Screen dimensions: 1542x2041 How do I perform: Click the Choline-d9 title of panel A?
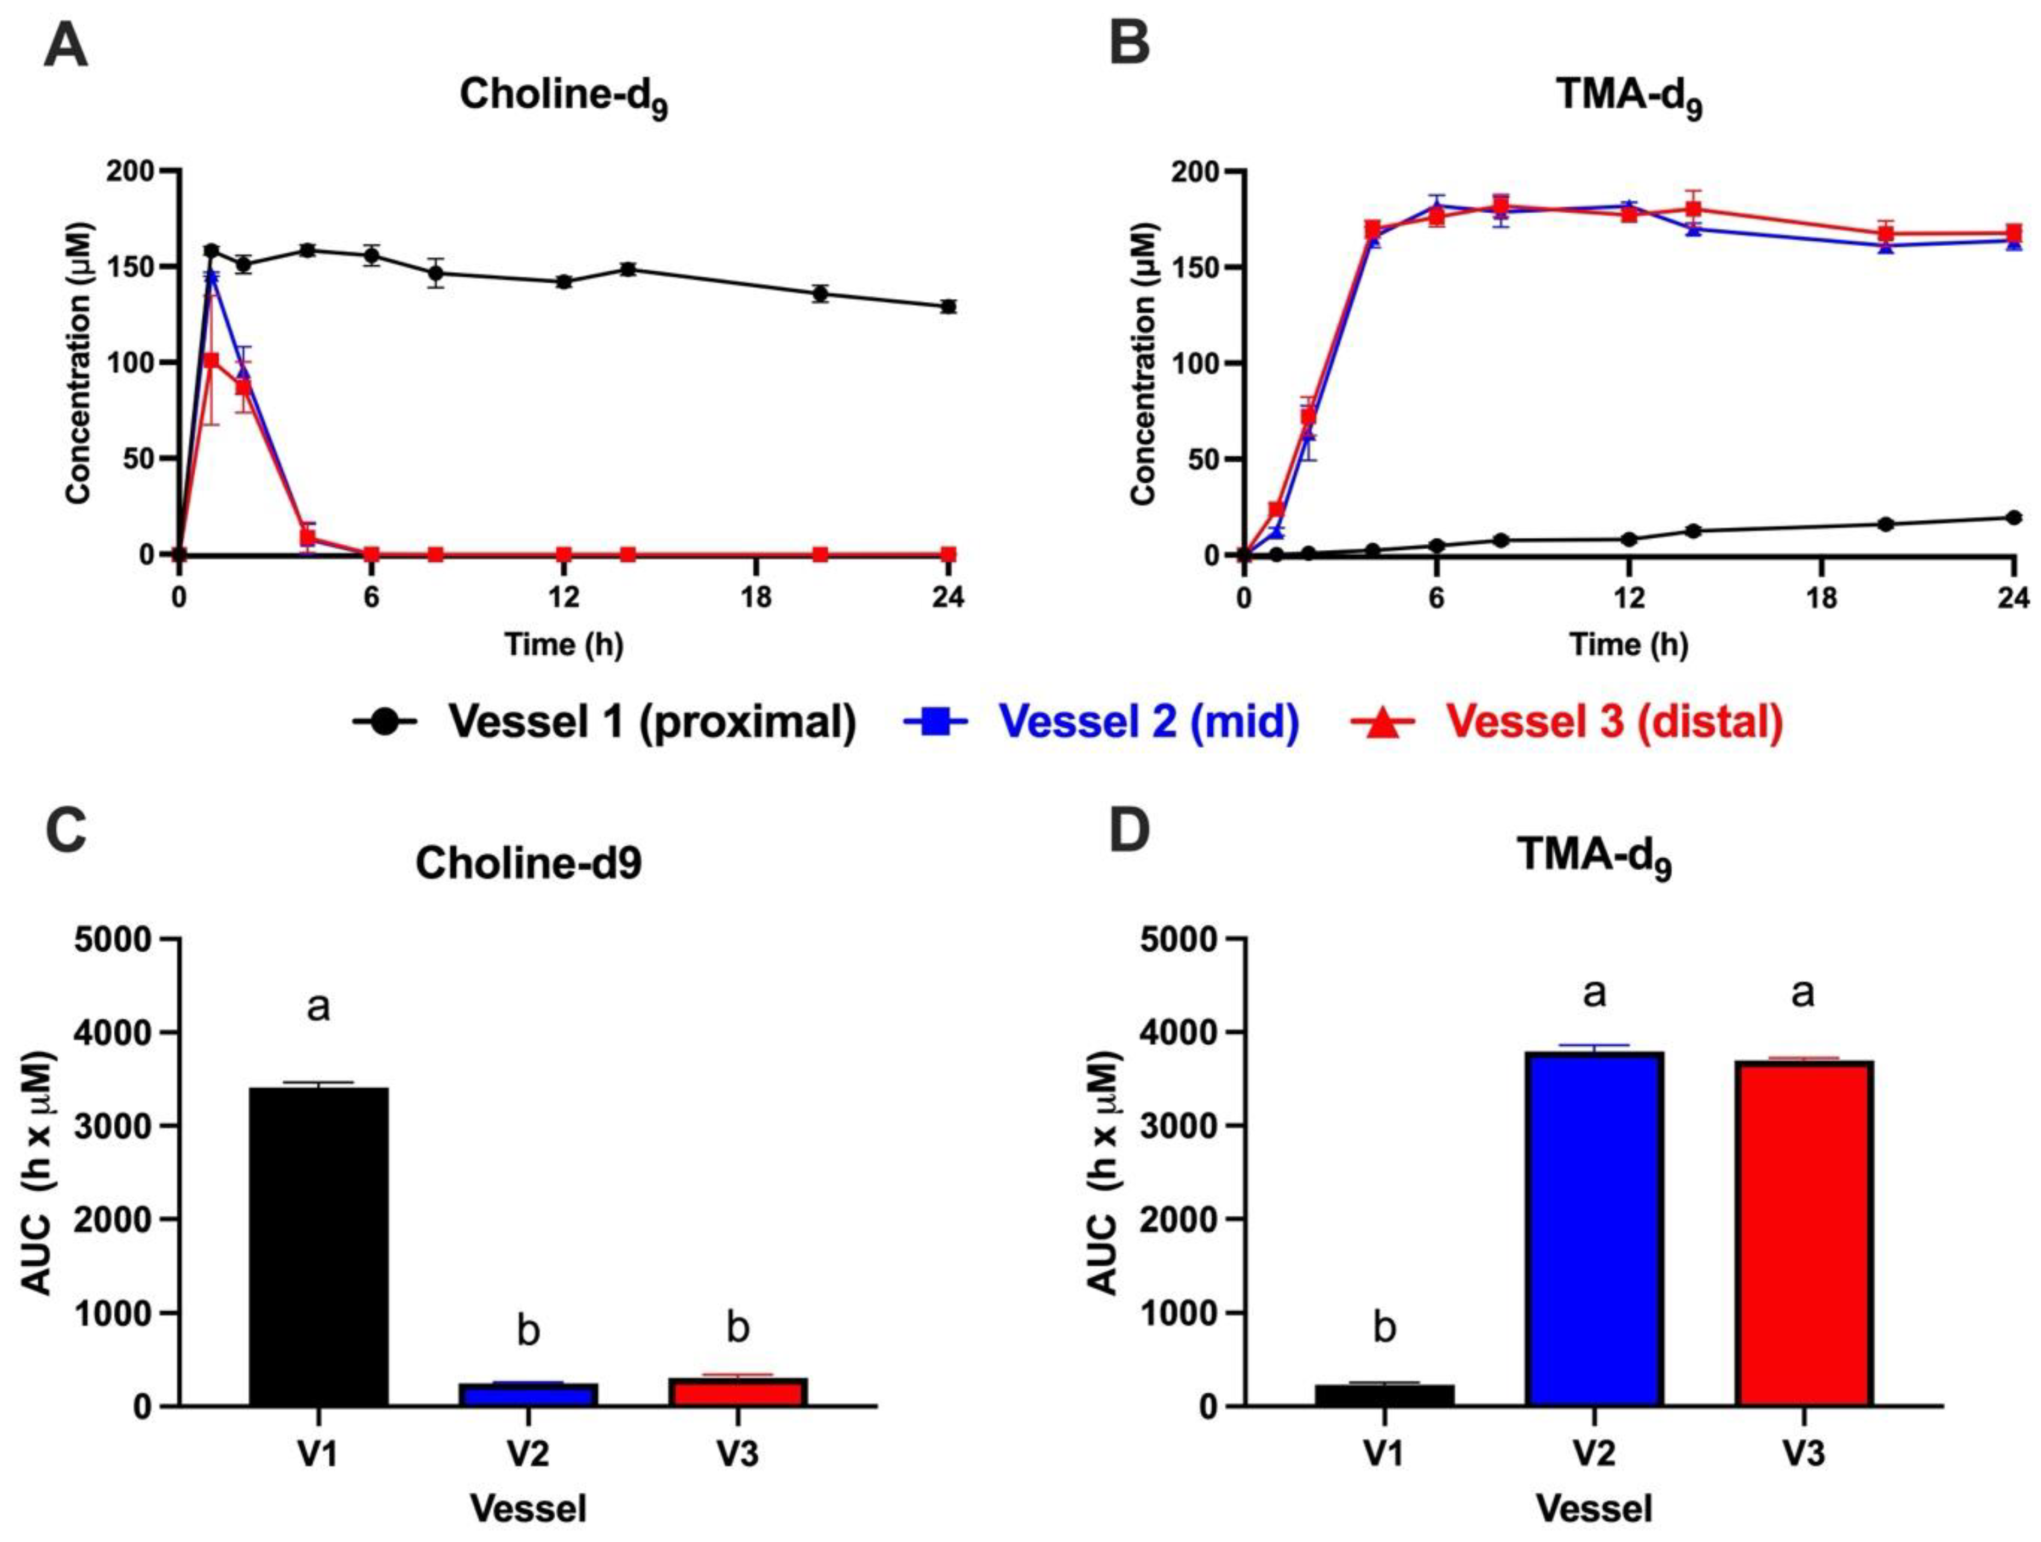point(563,96)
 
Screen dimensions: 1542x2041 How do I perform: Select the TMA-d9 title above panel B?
point(1629,96)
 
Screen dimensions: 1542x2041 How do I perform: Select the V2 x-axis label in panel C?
point(528,1454)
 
